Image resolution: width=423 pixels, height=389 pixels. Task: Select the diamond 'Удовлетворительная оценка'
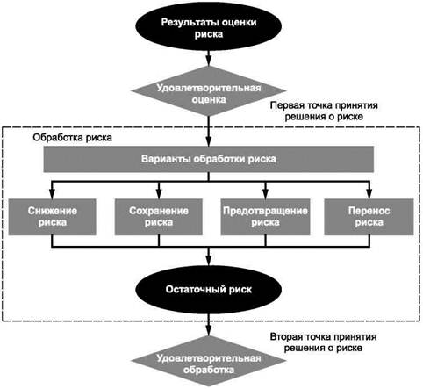pos(208,91)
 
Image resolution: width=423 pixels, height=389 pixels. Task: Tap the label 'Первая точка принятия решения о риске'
pos(324,111)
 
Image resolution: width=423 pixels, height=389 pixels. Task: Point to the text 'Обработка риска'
pos(72,138)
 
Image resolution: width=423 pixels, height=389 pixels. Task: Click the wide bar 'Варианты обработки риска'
pos(209,159)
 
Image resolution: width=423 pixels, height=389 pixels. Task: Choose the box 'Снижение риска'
pos(53,217)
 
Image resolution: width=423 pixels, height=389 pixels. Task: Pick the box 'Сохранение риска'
pos(159,217)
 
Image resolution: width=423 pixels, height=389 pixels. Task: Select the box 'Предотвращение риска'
pos(265,217)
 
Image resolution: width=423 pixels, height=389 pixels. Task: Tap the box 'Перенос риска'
pos(369,217)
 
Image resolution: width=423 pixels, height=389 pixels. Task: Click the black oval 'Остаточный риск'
pos(208,290)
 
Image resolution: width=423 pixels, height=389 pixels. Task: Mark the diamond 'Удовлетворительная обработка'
pos(208,362)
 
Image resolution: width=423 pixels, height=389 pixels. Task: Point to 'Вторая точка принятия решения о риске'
pos(323,342)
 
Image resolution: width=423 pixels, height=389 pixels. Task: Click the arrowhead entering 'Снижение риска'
pos(52,194)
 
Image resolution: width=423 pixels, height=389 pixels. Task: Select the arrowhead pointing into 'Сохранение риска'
pos(159,194)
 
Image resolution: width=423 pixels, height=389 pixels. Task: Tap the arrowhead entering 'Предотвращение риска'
pos(265,194)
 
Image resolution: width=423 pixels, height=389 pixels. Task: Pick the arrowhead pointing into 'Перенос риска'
pos(369,194)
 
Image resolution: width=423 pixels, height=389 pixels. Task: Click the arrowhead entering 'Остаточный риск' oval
pos(208,261)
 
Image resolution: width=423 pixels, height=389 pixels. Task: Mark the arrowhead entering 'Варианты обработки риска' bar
pos(208,141)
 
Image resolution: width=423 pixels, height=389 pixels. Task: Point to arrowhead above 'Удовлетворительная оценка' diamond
pos(208,61)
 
